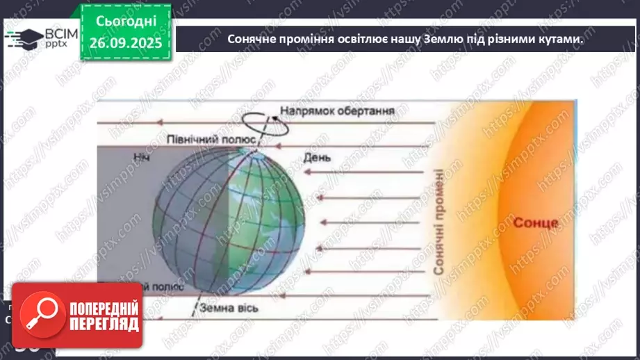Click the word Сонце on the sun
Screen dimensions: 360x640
[536, 223]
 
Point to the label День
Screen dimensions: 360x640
[316, 158]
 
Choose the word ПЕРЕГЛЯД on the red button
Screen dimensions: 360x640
[104, 324]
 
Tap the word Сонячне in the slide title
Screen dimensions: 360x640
[252, 40]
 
